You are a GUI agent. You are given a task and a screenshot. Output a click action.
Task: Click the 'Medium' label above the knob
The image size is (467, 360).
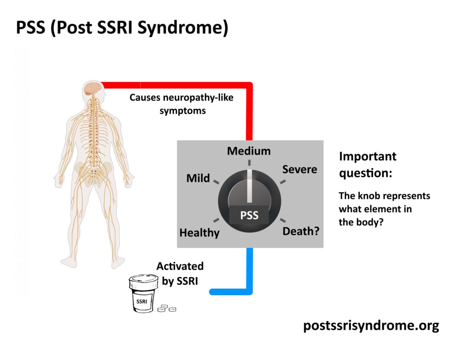[x=249, y=151]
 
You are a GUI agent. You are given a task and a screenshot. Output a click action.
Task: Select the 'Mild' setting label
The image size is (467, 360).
[x=198, y=178]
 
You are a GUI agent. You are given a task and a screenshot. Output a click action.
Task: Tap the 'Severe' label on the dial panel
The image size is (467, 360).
[x=299, y=170]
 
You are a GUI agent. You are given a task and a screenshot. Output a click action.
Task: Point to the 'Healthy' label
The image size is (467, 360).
[x=199, y=233]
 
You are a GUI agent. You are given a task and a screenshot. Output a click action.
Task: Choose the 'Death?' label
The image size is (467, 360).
[x=301, y=231]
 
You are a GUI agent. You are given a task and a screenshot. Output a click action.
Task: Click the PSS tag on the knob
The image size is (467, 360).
[x=249, y=215]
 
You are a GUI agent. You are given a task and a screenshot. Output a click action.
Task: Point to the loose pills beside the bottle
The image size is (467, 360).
[x=166, y=309]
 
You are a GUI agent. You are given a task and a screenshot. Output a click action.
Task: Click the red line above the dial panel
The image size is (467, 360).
[x=249, y=109]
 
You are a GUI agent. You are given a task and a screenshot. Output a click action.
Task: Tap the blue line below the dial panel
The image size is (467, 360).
[x=249, y=273]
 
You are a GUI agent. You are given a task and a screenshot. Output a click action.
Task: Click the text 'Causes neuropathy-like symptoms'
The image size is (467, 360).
[x=182, y=104]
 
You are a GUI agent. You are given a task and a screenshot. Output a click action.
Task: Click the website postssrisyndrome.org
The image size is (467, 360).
[x=371, y=326]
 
